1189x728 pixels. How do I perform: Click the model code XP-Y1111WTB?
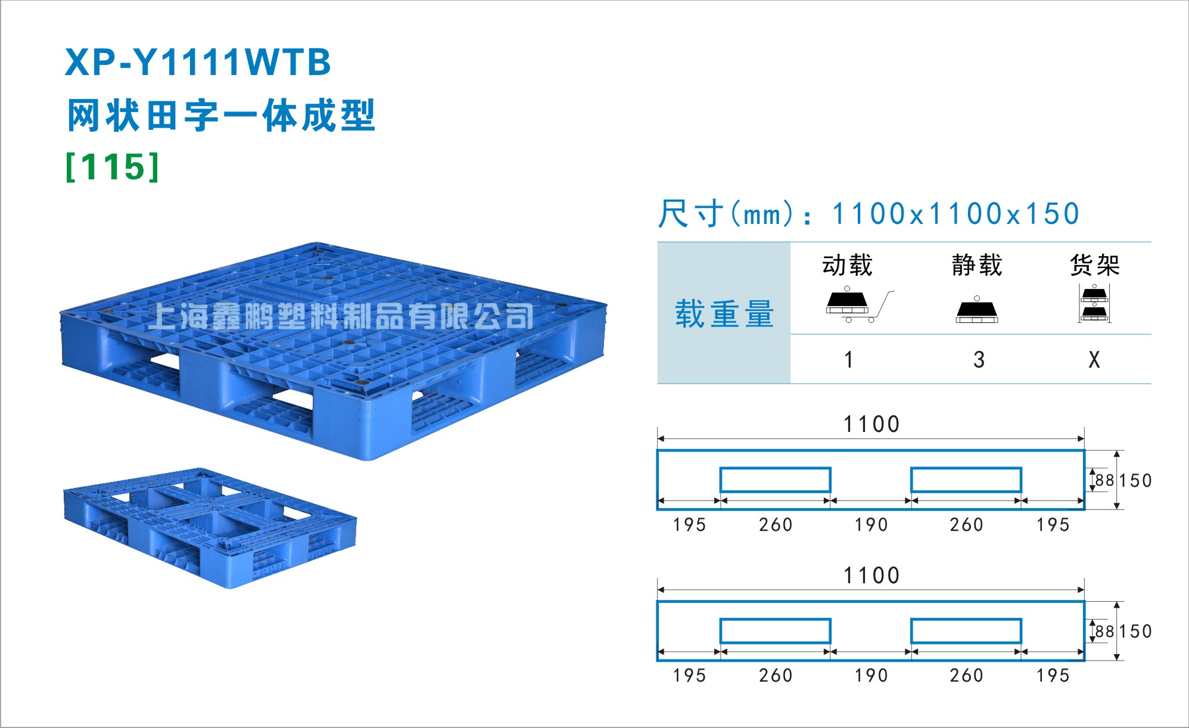pos(198,62)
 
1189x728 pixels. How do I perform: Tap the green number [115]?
pos(113,167)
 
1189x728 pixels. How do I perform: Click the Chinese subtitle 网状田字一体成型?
pos(221,115)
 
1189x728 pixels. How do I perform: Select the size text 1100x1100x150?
pos(955,213)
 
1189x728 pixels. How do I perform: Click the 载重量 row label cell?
pos(724,313)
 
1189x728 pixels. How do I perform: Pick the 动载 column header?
pos(847,265)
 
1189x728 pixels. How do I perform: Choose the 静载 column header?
pos(977,265)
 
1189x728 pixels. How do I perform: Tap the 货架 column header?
pos(1095,265)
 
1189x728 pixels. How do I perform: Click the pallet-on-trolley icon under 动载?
pos(859,305)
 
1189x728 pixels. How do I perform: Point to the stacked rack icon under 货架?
pos(1094,303)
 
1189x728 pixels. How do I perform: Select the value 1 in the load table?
pos(849,360)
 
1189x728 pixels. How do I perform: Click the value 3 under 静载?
pos(979,360)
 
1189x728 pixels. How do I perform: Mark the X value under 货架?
pos(1094,360)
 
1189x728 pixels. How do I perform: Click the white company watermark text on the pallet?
pos(341,316)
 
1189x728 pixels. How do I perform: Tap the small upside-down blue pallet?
pos(210,528)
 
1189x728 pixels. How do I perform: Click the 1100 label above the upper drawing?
pos(871,424)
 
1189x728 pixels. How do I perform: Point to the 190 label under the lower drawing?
pos(871,676)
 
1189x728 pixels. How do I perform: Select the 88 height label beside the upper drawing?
pos(1105,480)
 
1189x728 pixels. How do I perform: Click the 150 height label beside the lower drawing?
pos(1135,631)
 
